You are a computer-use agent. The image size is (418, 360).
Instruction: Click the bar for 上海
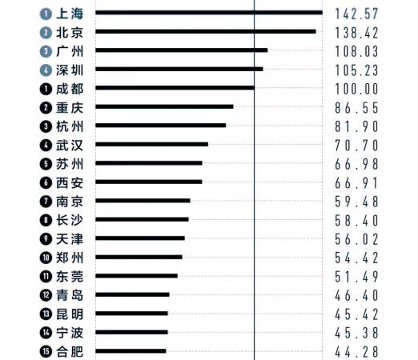[209, 12]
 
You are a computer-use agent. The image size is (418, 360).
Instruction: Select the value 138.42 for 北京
[356, 33]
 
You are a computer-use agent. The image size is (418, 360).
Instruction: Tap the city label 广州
[70, 51]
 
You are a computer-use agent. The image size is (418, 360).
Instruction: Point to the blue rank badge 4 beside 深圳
[46, 70]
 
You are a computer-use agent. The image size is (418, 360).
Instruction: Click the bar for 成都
[175, 88]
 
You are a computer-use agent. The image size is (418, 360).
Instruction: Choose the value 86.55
[356, 108]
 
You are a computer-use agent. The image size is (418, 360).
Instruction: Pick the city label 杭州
[70, 126]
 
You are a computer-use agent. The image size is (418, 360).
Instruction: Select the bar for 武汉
[151, 144]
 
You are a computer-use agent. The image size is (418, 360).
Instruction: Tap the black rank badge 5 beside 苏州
[46, 164]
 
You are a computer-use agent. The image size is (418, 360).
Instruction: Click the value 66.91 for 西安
[356, 183]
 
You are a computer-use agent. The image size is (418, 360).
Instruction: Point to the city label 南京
[70, 202]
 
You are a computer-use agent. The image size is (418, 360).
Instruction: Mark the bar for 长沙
[142, 219]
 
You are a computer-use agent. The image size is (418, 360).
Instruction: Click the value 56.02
[356, 239]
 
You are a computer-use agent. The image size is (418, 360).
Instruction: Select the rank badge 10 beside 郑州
[46, 258]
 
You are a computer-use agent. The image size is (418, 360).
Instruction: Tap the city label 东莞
[70, 277]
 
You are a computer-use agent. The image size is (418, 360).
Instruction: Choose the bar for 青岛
[132, 294]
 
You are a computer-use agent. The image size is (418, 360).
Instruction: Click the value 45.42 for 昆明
[356, 314]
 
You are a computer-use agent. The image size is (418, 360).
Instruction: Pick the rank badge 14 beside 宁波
[46, 333]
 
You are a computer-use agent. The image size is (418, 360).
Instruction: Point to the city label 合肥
[70, 352]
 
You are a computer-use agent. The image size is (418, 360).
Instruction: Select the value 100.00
[356, 89]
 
